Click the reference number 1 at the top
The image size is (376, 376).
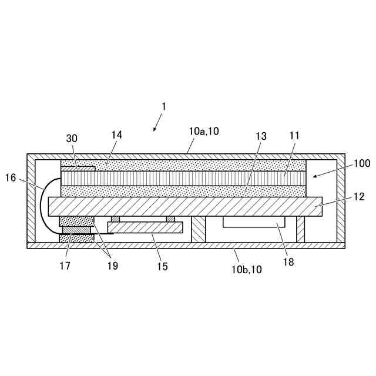coord(164,106)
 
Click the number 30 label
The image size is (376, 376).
coord(72,138)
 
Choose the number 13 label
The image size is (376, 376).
coord(261,136)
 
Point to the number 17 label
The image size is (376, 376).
coord(65,266)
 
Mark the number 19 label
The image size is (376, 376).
coord(112,266)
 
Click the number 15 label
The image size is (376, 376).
coord(162,266)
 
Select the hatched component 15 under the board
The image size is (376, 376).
coord(145,227)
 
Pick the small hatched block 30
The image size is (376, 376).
coord(78,169)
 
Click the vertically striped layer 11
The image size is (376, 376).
coord(182,177)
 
